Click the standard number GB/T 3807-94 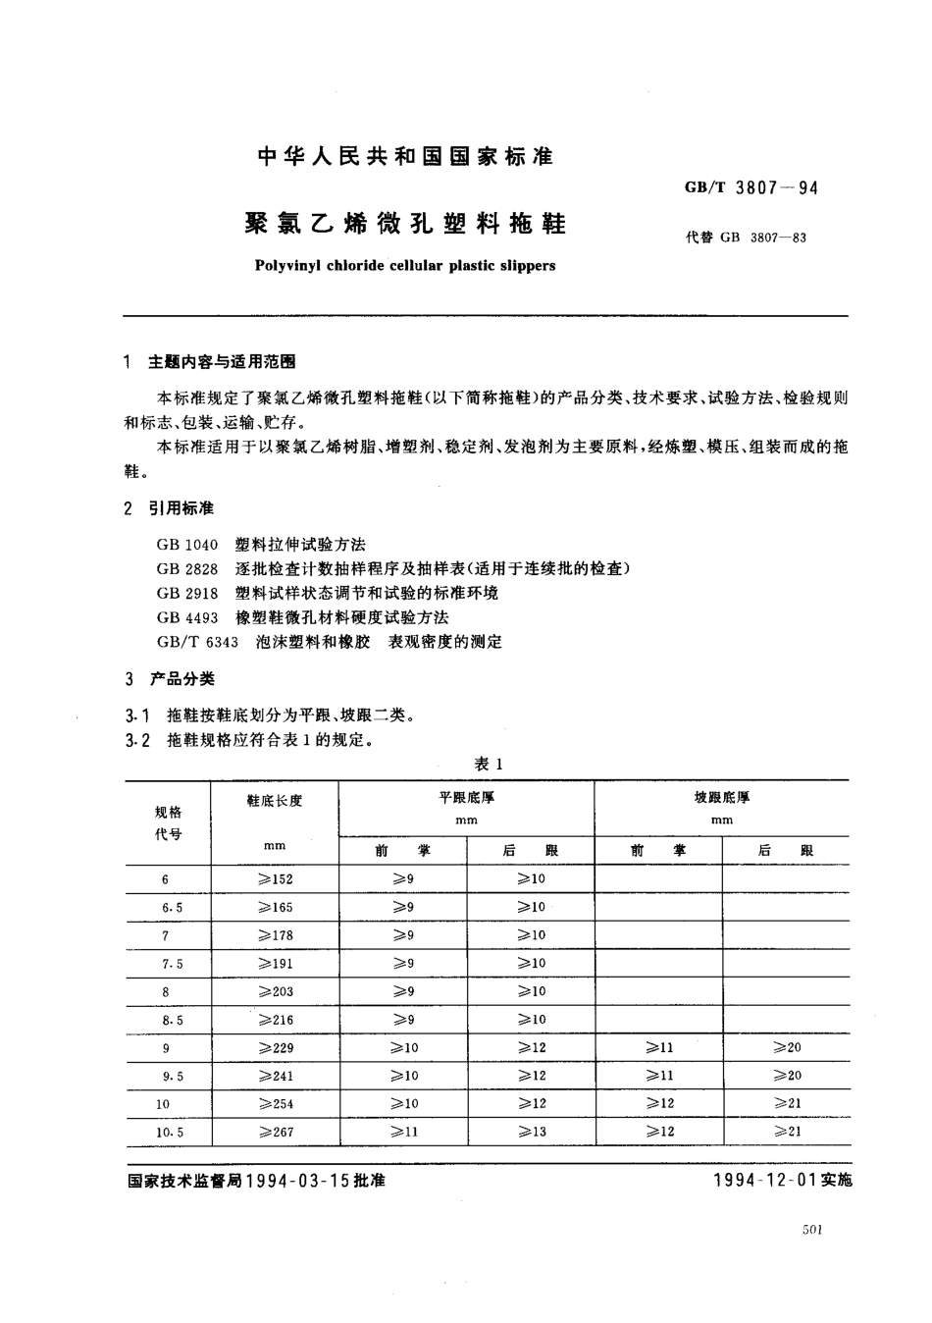(747, 187)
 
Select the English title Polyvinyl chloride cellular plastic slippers (404, 265)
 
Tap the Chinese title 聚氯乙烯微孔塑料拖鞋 (404, 225)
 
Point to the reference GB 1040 (186, 544)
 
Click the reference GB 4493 (186, 617)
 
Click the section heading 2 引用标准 (170, 508)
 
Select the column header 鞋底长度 (275, 801)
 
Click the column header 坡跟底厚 (721, 798)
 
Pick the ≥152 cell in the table (275, 879)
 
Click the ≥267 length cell (275, 1132)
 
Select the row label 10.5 (170, 1132)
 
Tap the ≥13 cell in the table (532, 1132)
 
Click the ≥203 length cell (275, 991)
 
